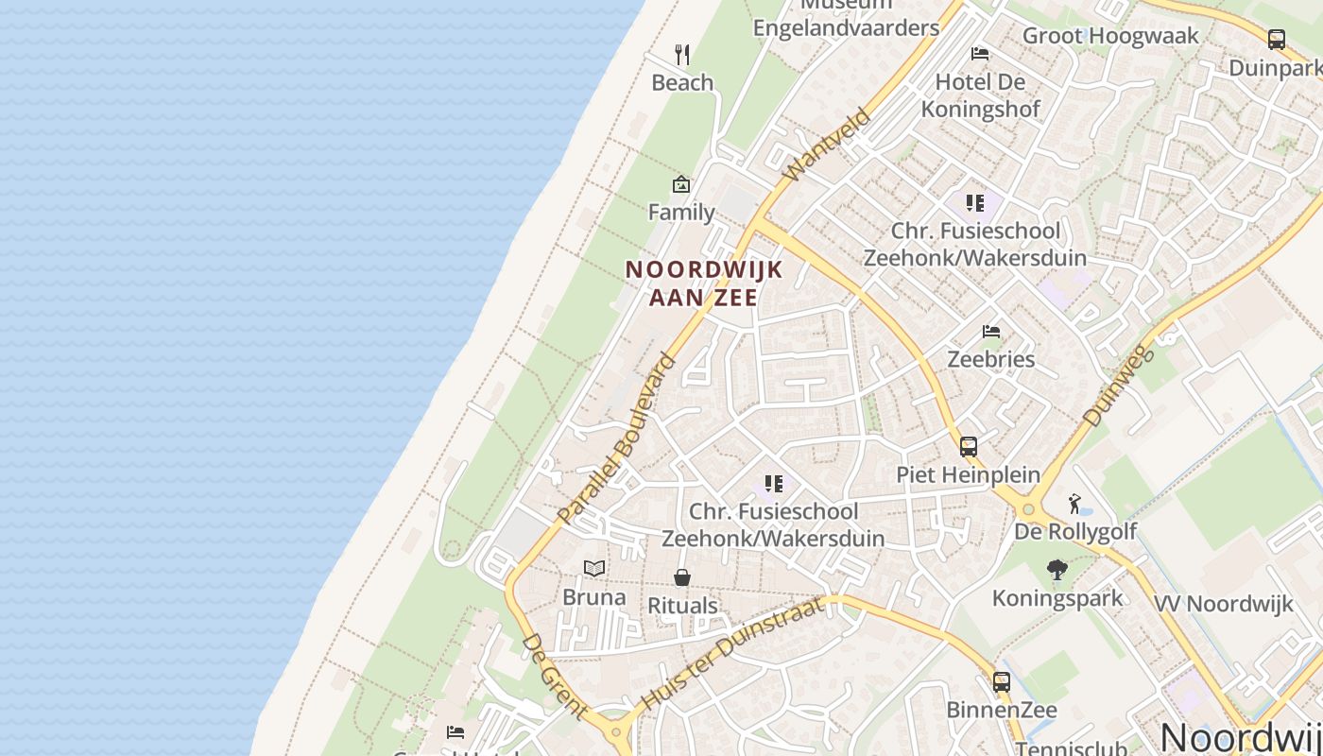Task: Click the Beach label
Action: click(682, 83)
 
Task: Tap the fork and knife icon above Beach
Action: click(682, 54)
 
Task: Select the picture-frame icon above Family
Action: click(681, 184)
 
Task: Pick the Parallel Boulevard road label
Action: click(617, 438)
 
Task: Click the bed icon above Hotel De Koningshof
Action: click(980, 54)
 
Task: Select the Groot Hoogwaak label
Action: click(1110, 36)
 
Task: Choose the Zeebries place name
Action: click(991, 359)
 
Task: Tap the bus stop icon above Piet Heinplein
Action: click(969, 447)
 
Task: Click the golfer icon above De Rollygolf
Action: click(1074, 503)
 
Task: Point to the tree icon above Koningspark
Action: click(1057, 570)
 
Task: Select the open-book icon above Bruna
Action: click(594, 568)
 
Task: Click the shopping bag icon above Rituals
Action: click(682, 576)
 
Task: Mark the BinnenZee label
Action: click(1002, 710)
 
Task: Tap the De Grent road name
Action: click(553, 677)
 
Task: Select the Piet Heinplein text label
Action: click(968, 474)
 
